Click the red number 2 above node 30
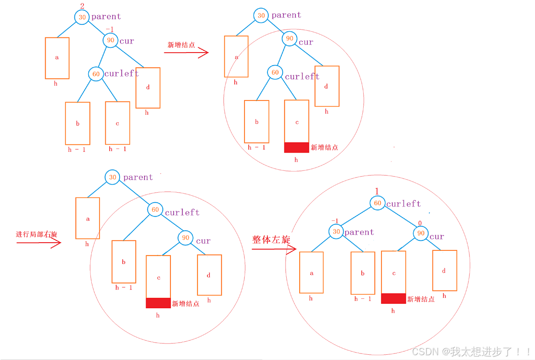coord(82,6)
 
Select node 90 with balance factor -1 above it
coord(110,40)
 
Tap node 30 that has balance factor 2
coord(82,17)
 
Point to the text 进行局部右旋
coord(37,234)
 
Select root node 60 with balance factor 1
coord(378,203)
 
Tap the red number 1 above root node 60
coord(377,192)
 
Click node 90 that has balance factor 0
coord(421,233)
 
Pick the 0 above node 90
coord(420,223)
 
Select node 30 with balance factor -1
coord(336,232)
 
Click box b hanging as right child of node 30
coord(363,273)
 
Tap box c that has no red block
coord(117,123)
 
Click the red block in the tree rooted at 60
coord(393,298)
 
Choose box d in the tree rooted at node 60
coord(444,270)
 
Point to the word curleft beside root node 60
coord(404,203)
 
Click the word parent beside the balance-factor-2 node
coord(106,17)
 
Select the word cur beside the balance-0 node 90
coord(437,237)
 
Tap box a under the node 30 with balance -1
coord(311,273)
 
